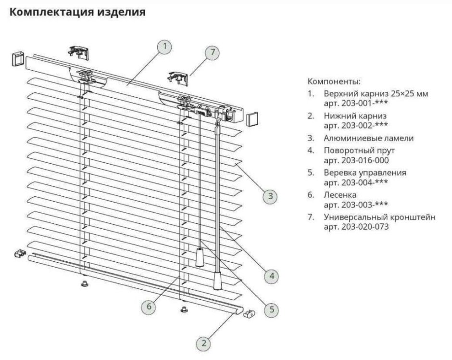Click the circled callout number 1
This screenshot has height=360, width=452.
164,46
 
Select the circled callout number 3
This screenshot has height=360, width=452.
271,195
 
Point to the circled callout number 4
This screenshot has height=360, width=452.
272,276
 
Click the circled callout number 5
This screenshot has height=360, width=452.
272,309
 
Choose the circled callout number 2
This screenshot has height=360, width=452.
204,343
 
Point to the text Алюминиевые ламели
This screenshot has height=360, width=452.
368,138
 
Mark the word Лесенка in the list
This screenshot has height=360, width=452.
340,195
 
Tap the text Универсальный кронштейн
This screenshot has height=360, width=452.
380,217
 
